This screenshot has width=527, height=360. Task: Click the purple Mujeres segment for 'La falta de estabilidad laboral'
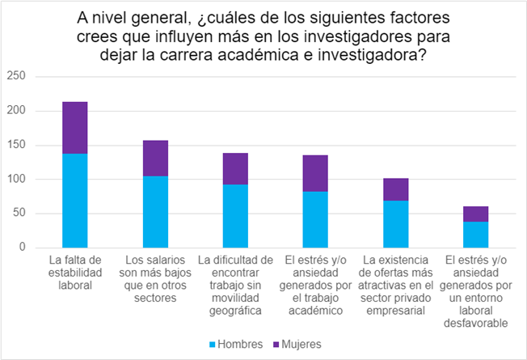(x=75, y=128)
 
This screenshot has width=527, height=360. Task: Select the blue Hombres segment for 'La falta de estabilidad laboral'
(x=75, y=200)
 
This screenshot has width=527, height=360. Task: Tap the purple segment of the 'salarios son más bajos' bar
(x=155, y=158)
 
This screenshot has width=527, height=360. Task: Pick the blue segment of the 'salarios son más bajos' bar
(x=155, y=211)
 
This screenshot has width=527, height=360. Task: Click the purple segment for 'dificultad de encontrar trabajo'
(x=235, y=168)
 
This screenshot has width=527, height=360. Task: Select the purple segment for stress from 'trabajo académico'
(x=315, y=173)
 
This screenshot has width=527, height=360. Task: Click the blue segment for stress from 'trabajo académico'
(x=315, y=219)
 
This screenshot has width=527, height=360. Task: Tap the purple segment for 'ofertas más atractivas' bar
(x=395, y=189)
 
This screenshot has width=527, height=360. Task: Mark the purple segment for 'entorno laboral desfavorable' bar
(x=475, y=214)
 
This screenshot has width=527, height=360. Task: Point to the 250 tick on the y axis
(x=17, y=76)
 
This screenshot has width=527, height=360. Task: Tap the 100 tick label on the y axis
(x=17, y=179)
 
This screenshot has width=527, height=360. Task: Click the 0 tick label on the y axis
(x=23, y=247)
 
